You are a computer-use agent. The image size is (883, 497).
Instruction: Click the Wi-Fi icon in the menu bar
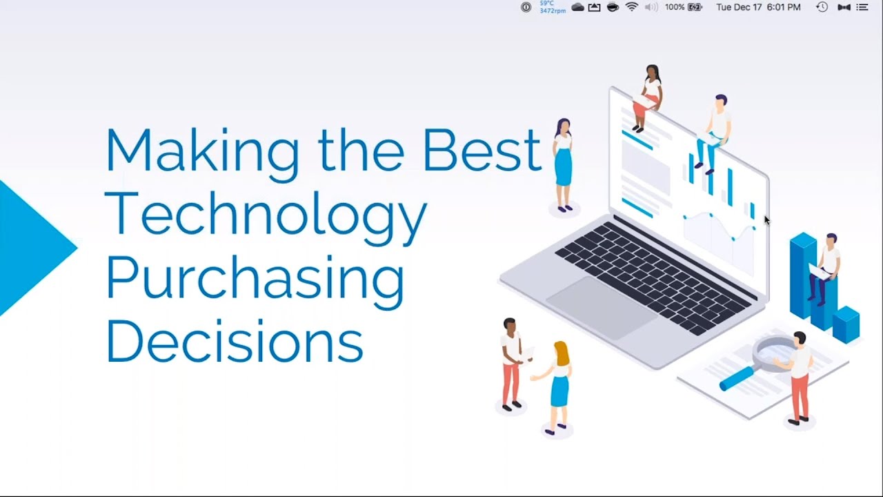tap(631, 8)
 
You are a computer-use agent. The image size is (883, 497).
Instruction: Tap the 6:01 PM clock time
tap(783, 8)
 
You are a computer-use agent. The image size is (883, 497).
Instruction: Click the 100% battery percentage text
tap(675, 8)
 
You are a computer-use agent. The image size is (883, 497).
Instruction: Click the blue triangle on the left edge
tap(31, 247)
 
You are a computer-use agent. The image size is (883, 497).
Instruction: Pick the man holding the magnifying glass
tap(798, 376)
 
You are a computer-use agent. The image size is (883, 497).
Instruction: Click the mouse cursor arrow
tap(766, 220)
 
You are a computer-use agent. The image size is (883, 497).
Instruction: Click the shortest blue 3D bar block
tap(846, 324)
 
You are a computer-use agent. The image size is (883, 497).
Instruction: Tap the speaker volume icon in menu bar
tap(651, 8)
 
